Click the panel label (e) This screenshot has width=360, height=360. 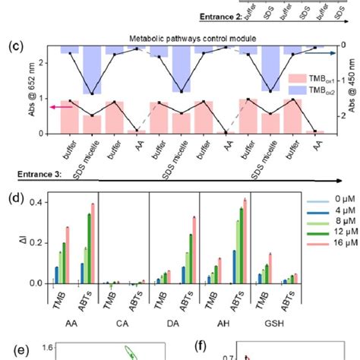(x=13, y=351)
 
